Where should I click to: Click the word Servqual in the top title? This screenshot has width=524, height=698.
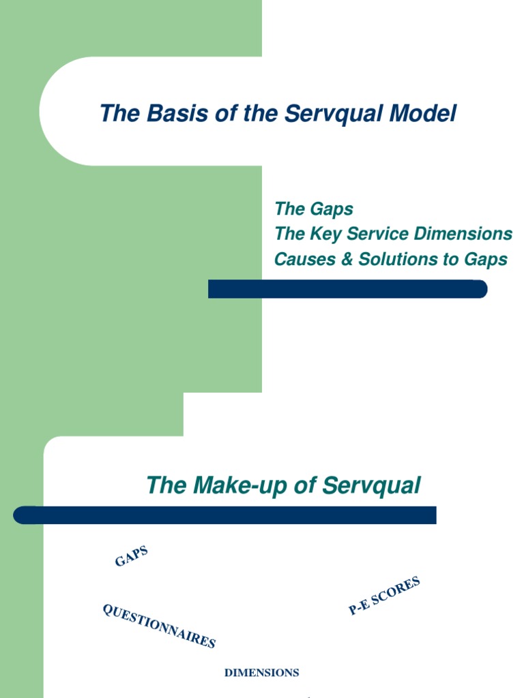click(334, 113)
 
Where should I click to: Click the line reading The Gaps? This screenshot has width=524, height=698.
click(313, 209)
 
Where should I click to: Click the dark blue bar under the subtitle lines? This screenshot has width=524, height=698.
click(347, 289)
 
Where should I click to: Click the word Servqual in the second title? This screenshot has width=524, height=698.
click(371, 486)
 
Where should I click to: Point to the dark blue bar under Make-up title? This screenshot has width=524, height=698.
click(225, 515)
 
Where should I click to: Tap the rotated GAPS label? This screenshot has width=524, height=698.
click(131, 556)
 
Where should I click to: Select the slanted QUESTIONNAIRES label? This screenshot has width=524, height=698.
click(159, 626)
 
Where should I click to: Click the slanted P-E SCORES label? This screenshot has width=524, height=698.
click(384, 596)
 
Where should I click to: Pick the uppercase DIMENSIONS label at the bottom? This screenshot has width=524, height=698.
click(262, 673)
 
